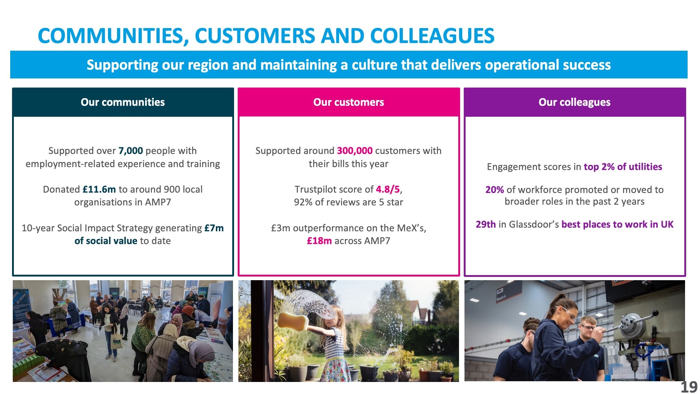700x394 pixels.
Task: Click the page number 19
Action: point(689,387)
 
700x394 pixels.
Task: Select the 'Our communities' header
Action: point(123,102)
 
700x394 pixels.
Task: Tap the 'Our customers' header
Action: point(349,102)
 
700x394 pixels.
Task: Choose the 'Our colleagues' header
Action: point(575,102)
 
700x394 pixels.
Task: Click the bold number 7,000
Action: point(131,151)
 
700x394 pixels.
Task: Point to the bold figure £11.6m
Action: point(99,189)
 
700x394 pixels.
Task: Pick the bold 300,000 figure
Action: point(355,151)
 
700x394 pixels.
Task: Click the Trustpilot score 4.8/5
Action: point(388,189)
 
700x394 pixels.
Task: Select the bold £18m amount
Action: point(319,241)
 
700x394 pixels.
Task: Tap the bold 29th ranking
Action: point(486,224)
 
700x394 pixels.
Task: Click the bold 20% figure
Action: point(495,190)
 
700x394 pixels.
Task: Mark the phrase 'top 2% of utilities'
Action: point(623,167)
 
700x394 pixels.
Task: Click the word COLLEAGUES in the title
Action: point(432,36)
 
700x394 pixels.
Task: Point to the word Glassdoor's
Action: point(534,224)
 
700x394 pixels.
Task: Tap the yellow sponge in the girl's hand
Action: point(293,321)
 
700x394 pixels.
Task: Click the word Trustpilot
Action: point(315,189)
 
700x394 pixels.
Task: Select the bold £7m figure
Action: point(214,228)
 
